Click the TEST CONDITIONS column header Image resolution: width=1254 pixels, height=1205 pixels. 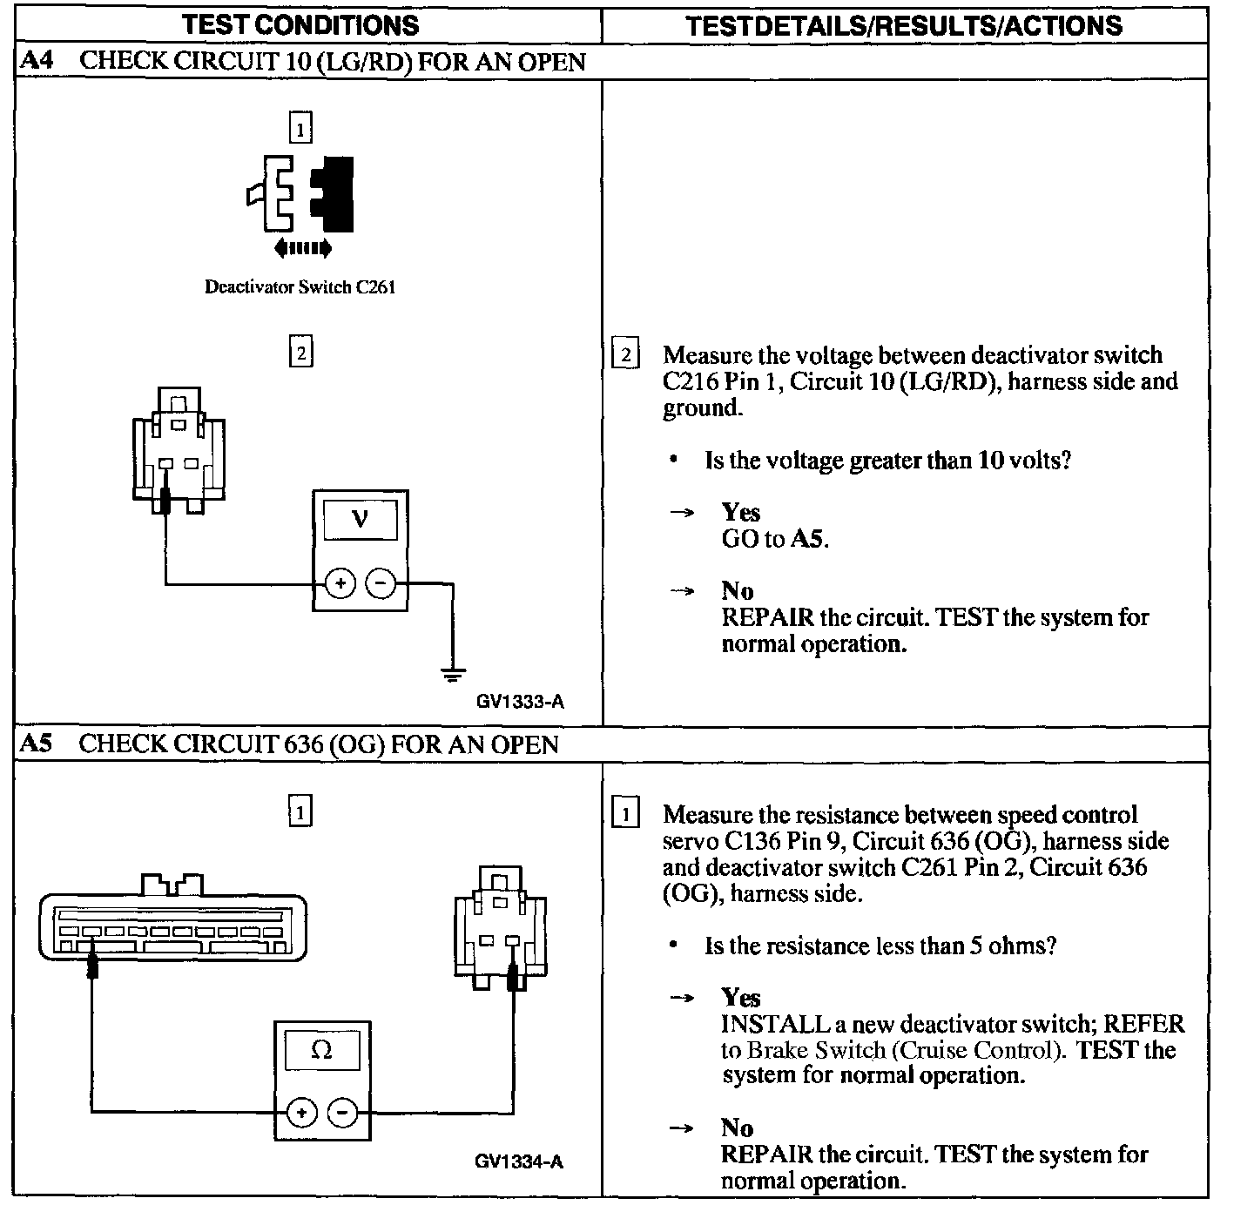pyautogui.click(x=300, y=24)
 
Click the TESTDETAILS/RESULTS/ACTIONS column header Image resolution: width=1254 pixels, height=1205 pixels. pyautogui.click(x=903, y=24)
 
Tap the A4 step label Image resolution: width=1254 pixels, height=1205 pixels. pyautogui.click(x=36, y=62)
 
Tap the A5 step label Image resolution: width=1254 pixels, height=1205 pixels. pyautogui.click(x=36, y=744)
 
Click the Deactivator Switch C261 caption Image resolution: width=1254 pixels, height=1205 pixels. pyautogui.click(x=300, y=286)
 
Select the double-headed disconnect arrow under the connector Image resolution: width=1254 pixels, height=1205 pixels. pyautogui.click(x=302, y=249)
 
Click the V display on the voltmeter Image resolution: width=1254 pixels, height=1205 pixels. pyautogui.click(x=360, y=520)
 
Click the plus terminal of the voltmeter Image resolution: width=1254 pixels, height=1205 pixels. pyautogui.click(x=340, y=583)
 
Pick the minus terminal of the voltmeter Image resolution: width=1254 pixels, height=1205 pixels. pyautogui.click(x=380, y=583)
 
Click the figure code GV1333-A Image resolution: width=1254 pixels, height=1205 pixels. pyautogui.click(x=520, y=701)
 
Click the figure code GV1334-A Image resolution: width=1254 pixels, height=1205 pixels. pyautogui.click(x=519, y=1161)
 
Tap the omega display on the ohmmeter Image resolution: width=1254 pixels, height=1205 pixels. pyautogui.click(x=321, y=1050)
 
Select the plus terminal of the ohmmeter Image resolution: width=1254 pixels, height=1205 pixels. pyautogui.click(x=301, y=1112)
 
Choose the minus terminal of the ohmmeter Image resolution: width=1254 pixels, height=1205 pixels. pyautogui.click(x=342, y=1112)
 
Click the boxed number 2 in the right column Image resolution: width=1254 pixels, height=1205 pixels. pyautogui.click(x=625, y=355)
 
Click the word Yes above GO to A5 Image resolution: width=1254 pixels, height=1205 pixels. pyautogui.click(x=740, y=512)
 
